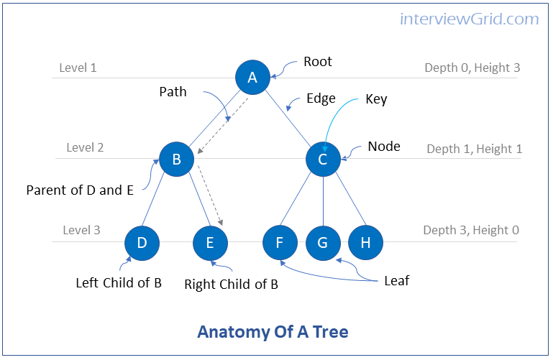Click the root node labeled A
click(252, 78)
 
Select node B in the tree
click(176, 159)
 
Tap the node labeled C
click(323, 159)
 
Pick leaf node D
click(142, 243)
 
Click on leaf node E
click(210, 243)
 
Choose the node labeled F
click(280, 243)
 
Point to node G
click(322, 243)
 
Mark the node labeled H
click(365, 243)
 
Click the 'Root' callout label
click(317, 62)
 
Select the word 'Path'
click(173, 91)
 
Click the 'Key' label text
click(376, 99)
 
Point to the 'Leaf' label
click(396, 281)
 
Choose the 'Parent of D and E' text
click(79, 190)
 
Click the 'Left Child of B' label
click(119, 282)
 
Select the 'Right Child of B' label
click(231, 284)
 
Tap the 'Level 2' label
click(85, 147)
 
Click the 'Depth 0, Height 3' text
click(472, 68)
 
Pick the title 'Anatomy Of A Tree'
click(273, 332)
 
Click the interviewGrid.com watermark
click(469, 19)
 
